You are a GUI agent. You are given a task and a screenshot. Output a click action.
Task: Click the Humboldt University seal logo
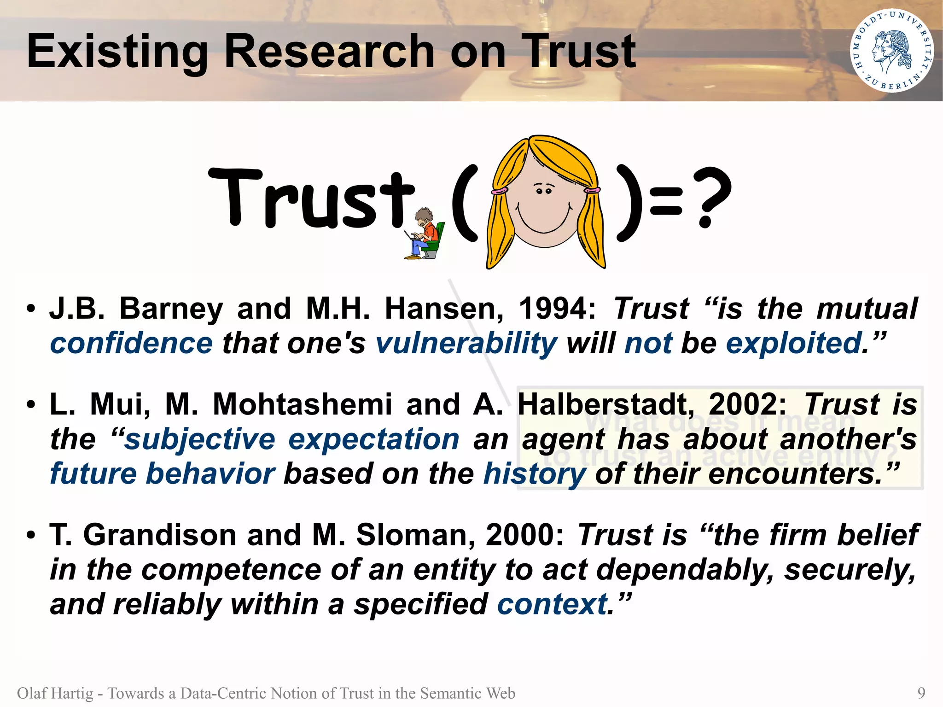[891, 51]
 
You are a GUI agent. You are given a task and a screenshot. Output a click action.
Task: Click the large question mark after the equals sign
[713, 197]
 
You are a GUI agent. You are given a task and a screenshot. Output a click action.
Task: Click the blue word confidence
[131, 344]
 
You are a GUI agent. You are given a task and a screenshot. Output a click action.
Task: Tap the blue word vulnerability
[466, 344]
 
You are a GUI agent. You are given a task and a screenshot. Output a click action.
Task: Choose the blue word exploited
[794, 344]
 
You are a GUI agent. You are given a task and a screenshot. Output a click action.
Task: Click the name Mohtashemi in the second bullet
[302, 404]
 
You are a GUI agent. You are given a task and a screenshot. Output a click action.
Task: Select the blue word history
[535, 474]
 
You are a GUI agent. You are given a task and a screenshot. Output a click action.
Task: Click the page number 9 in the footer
[921, 693]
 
